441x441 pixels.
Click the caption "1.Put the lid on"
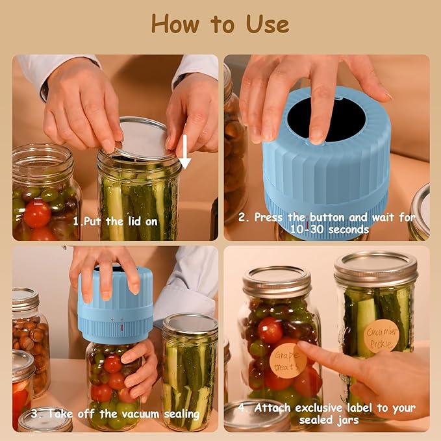coord(116,221)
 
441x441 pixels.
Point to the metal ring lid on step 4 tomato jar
coord(277,281)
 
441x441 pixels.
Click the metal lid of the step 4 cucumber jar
coord(376,268)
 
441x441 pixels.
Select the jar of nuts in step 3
coord(29,338)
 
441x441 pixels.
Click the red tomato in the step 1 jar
coord(37,213)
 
